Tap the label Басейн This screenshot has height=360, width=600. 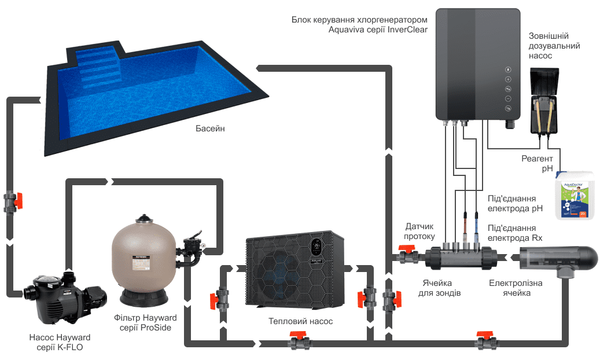[x=209, y=128]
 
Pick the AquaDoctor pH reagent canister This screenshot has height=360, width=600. [x=575, y=193]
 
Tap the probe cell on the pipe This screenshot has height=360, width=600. [x=460, y=254]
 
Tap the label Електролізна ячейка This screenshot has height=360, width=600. [x=509, y=288]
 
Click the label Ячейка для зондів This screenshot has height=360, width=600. [x=440, y=288]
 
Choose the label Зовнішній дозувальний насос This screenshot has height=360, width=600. [x=554, y=46]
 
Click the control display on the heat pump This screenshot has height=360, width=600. [x=316, y=248]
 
